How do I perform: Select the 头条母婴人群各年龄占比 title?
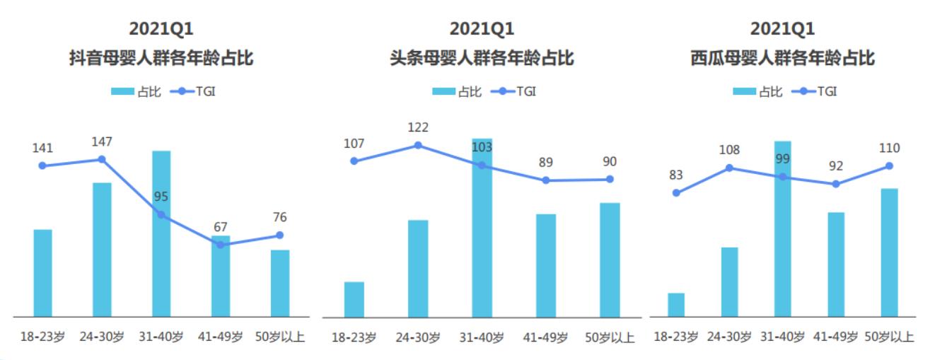tap(482, 58)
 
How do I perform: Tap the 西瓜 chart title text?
tap(782, 58)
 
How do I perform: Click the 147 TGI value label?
tap(102, 142)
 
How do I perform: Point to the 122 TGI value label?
tap(418, 128)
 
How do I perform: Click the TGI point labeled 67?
tap(221, 245)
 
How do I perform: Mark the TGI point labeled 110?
tap(889, 166)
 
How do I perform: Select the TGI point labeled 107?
tap(354, 161)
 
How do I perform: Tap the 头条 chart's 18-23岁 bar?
tap(354, 299)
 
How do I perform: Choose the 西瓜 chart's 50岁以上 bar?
tap(889, 252)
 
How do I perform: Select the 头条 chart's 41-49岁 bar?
tap(546, 265)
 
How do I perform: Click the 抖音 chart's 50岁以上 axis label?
tap(279, 337)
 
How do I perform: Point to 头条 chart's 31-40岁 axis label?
tap(482, 337)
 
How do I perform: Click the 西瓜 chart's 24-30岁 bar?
tap(729, 281)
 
